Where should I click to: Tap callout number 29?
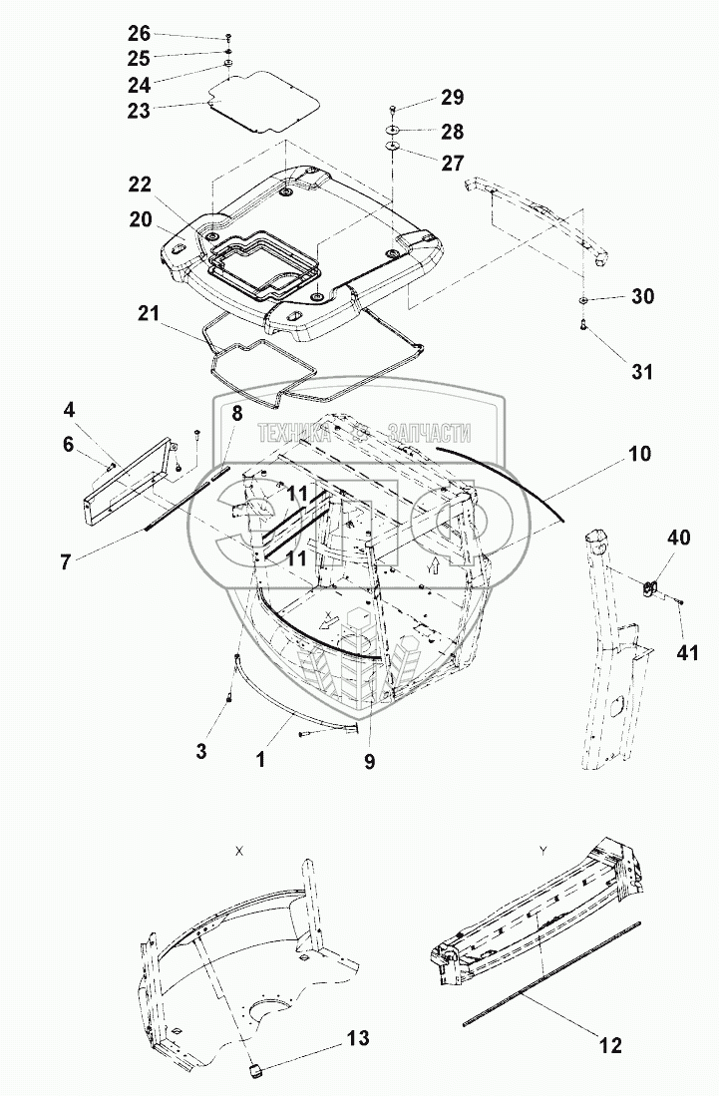coord(452,98)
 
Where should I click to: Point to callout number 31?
coord(642,371)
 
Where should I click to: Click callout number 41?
coord(687,653)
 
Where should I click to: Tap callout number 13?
coord(356,1039)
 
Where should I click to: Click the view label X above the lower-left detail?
coord(238,851)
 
